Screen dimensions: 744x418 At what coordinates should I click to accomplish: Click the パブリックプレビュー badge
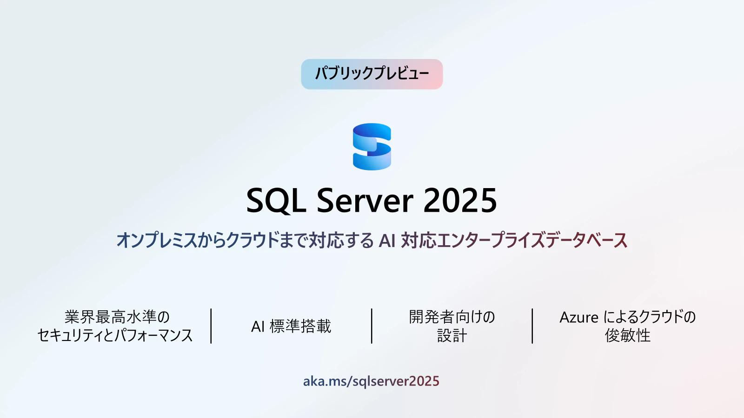(x=372, y=74)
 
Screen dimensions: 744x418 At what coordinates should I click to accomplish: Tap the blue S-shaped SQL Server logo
(x=372, y=146)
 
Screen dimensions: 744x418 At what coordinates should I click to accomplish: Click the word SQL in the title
(x=276, y=201)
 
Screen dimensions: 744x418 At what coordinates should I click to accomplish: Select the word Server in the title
(x=365, y=200)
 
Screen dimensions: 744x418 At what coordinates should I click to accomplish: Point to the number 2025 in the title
(x=460, y=200)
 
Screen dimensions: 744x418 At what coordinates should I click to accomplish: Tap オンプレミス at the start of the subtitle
(x=156, y=240)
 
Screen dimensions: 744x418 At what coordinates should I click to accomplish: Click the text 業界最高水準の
(x=117, y=317)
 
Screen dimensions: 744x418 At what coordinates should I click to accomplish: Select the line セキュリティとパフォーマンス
(x=115, y=335)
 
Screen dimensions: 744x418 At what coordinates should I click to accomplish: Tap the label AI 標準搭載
(x=291, y=326)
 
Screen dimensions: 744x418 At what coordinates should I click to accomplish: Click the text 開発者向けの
(x=452, y=317)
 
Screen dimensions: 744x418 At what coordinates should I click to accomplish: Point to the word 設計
(x=452, y=335)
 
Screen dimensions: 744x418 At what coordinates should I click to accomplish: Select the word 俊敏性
(x=627, y=335)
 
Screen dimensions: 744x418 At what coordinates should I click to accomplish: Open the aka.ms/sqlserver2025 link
(x=371, y=381)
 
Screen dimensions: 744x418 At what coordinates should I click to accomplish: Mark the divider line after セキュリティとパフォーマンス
(x=211, y=326)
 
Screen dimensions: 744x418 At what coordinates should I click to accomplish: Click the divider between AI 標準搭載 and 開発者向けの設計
(x=372, y=326)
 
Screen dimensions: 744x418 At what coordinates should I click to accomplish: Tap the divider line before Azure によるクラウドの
(x=532, y=326)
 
